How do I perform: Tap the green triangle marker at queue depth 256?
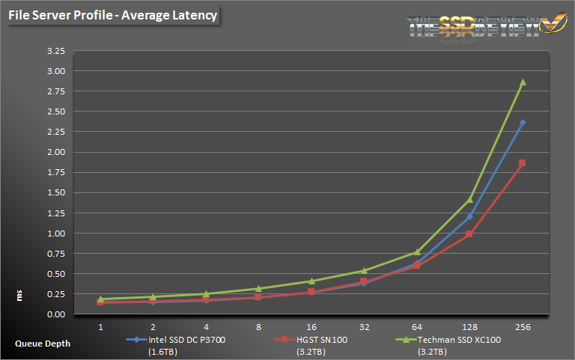pyautogui.click(x=523, y=82)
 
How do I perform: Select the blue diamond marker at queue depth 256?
pyautogui.click(x=523, y=123)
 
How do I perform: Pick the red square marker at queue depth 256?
pyautogui.click(x=523, y=163)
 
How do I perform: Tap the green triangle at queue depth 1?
pyautogui.click(x=100, y=299)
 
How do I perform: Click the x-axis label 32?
pyautogui.click(x=364, y=327)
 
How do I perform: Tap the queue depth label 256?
pyautogui.click(x=523, y=327)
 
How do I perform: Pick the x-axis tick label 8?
pyautogui.click(x=258, y=327)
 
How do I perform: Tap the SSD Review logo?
pyautogui.click(x=486, y=24)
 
